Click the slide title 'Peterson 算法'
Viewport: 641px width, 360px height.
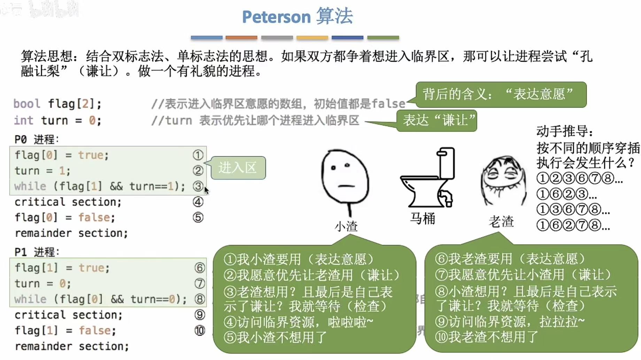[x=297, y=16]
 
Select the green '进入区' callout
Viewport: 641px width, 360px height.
[x=238, y=168]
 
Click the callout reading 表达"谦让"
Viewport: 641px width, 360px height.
[x=437, y=121]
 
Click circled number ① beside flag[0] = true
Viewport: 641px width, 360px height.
[x=198, y=155]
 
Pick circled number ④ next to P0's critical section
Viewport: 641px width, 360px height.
[x=198, y=202]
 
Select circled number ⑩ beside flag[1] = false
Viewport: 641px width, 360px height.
[x=200, y=330]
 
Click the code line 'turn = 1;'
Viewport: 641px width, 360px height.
[x=42, y=171]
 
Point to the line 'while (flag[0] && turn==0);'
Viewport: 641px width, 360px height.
[x=100, y=299]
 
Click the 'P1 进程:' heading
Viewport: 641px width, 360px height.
[x=37, y=252]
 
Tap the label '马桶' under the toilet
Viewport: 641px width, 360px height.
[x=423, y=219]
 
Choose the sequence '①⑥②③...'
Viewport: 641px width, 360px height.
[x=566, y=194]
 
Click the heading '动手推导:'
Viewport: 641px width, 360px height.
[x=564, y=131]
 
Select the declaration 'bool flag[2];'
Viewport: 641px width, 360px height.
[x=57, y=104]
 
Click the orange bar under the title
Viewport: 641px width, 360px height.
[x=241, y=37]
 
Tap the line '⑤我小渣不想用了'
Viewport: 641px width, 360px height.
[x=275, y=337]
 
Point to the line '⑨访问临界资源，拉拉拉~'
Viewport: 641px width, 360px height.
[x=509, y=321]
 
